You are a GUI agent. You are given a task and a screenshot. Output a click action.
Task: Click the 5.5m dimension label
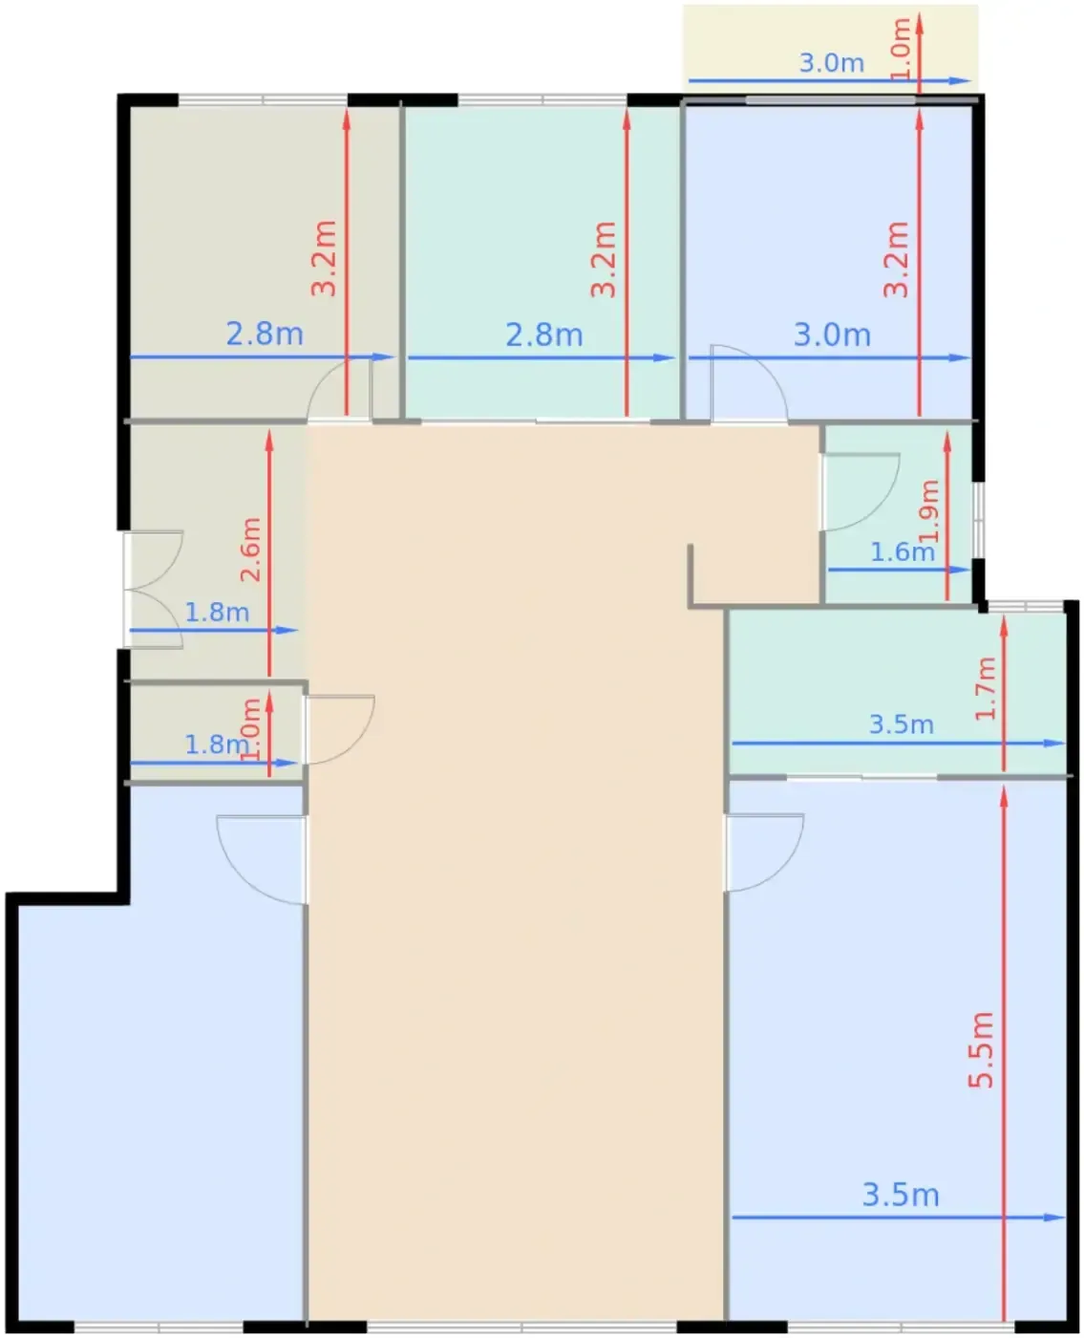[x=981, y=1049]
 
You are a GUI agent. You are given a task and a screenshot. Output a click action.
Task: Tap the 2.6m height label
[x=250, y=549]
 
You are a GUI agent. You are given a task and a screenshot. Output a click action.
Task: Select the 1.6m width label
[x=902, y=552]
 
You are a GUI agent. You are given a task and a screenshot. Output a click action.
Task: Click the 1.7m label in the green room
[x=985, y=688]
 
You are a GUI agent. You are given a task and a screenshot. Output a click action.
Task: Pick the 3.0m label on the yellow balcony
[x=831, y=63]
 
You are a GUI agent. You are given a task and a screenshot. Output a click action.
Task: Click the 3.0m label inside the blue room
[x=832, y=334]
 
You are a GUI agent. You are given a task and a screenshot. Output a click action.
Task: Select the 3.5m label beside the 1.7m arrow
[x=902, y=724]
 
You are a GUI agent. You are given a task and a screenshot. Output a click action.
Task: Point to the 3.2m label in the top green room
[x=604, y=259]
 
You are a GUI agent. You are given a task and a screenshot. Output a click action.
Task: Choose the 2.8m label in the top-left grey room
[x=265, y=334]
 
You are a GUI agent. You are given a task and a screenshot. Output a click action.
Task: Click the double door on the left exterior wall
[x=153, y=590]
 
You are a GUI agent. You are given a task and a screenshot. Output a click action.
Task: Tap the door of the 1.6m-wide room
[x=861, y=492]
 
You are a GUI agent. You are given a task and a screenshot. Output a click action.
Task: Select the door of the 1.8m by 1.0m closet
[x=339, y=729]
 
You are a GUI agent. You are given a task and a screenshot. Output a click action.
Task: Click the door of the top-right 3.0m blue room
[x=749, y=382]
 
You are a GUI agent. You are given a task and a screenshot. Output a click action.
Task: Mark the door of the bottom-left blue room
[x=261, y=860]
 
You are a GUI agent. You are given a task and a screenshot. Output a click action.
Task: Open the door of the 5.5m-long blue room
[x=764, y=852]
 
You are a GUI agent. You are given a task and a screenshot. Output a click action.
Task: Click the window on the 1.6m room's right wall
[x=978, y=519]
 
